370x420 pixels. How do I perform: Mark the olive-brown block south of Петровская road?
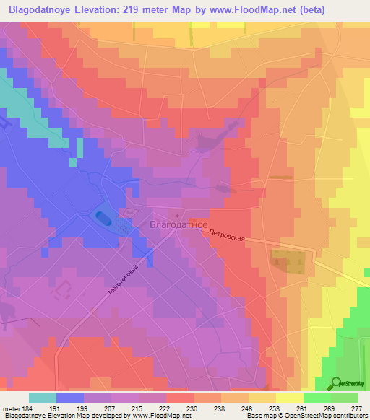(x=287, y=261)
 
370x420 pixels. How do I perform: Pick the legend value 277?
(x=356, y=408)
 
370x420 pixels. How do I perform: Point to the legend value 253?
(x=264, y=408)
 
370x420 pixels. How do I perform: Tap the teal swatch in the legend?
(x=43, y=398)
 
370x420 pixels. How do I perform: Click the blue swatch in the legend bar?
(x=70, y=398)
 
